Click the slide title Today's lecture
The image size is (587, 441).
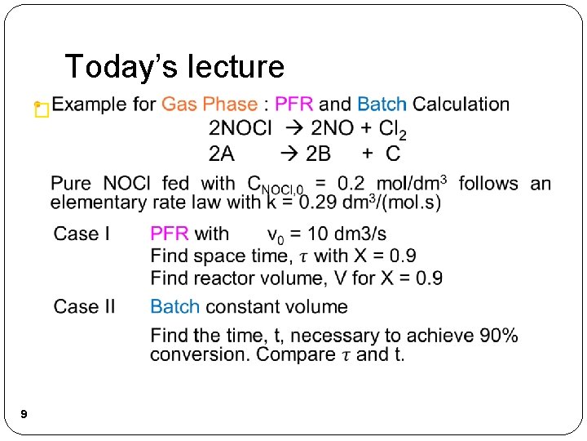(174, 66)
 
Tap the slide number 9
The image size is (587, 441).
(24, 415)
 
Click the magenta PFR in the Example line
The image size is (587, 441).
(293, 105)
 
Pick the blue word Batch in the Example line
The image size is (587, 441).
(382, 105)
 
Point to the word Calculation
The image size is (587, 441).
(461, 105)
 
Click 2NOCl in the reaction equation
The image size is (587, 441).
(241, 128)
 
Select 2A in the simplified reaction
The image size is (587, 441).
(222, 153)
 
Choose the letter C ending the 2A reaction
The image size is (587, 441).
(393, 153)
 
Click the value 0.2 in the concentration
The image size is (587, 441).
(347, 184)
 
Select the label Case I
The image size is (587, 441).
(82, 234)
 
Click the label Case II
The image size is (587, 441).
(84, 307)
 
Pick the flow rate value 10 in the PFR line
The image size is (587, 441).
(330, 234)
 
